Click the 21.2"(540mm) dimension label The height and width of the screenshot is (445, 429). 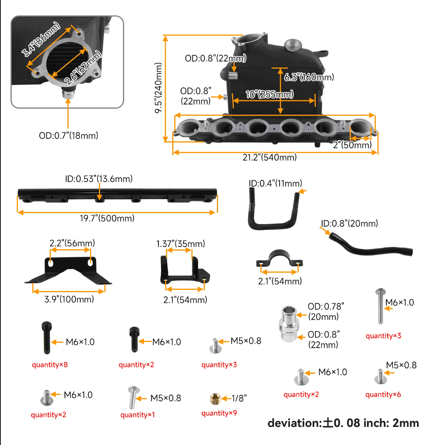269,157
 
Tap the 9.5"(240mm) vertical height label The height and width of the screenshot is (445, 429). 158,88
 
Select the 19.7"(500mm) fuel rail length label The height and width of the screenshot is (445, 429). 107,218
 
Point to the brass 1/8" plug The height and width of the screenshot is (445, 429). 215,399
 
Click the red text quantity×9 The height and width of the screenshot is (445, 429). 219,413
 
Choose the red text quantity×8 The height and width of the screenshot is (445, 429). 50,364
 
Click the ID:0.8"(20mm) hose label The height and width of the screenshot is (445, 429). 349,223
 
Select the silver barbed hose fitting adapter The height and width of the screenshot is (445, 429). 289,324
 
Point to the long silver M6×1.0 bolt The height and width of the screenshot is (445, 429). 380,306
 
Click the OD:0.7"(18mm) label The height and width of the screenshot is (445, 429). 68,135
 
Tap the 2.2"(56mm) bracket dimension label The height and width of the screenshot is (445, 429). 72,243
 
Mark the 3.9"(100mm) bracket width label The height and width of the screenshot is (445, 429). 69,299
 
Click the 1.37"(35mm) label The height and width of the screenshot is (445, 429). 181,244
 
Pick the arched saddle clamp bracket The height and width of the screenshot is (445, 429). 279,259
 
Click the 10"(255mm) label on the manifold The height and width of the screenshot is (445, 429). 269,94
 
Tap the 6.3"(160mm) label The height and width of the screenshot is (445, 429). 309,77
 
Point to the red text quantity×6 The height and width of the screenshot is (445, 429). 383,394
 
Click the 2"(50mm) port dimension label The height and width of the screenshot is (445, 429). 352,145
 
